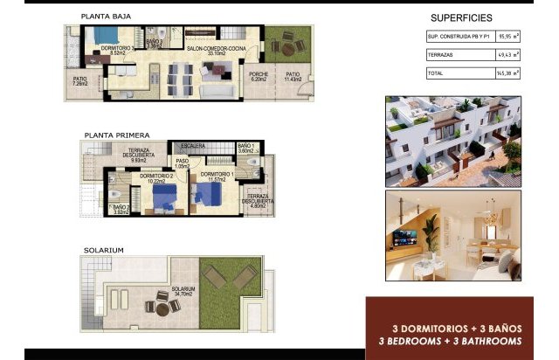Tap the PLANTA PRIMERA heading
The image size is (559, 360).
coord(116,135)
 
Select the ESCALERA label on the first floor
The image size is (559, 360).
coord(193,146)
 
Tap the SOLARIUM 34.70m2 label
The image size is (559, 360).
coord(183,292)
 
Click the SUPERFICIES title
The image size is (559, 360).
coord(461,17)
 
